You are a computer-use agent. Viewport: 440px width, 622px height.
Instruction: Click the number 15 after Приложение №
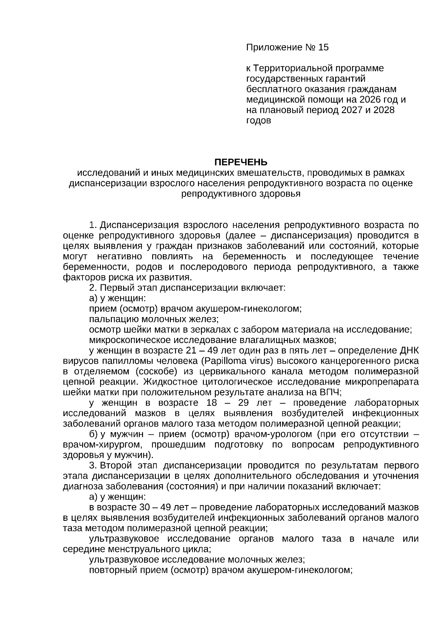pos(324,48)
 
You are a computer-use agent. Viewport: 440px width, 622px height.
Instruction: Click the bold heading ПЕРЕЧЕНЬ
pos(241,162)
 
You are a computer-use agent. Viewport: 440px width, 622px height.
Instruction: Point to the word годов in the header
pos(259,121)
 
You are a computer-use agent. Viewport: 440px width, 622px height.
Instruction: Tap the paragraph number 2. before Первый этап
pos(93,288)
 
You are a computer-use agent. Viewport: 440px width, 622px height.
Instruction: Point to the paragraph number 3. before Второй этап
pos(93,466)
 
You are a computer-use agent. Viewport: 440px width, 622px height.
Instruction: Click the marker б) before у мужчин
pos(93,434)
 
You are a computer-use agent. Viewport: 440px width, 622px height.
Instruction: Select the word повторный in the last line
pos(110,570)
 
